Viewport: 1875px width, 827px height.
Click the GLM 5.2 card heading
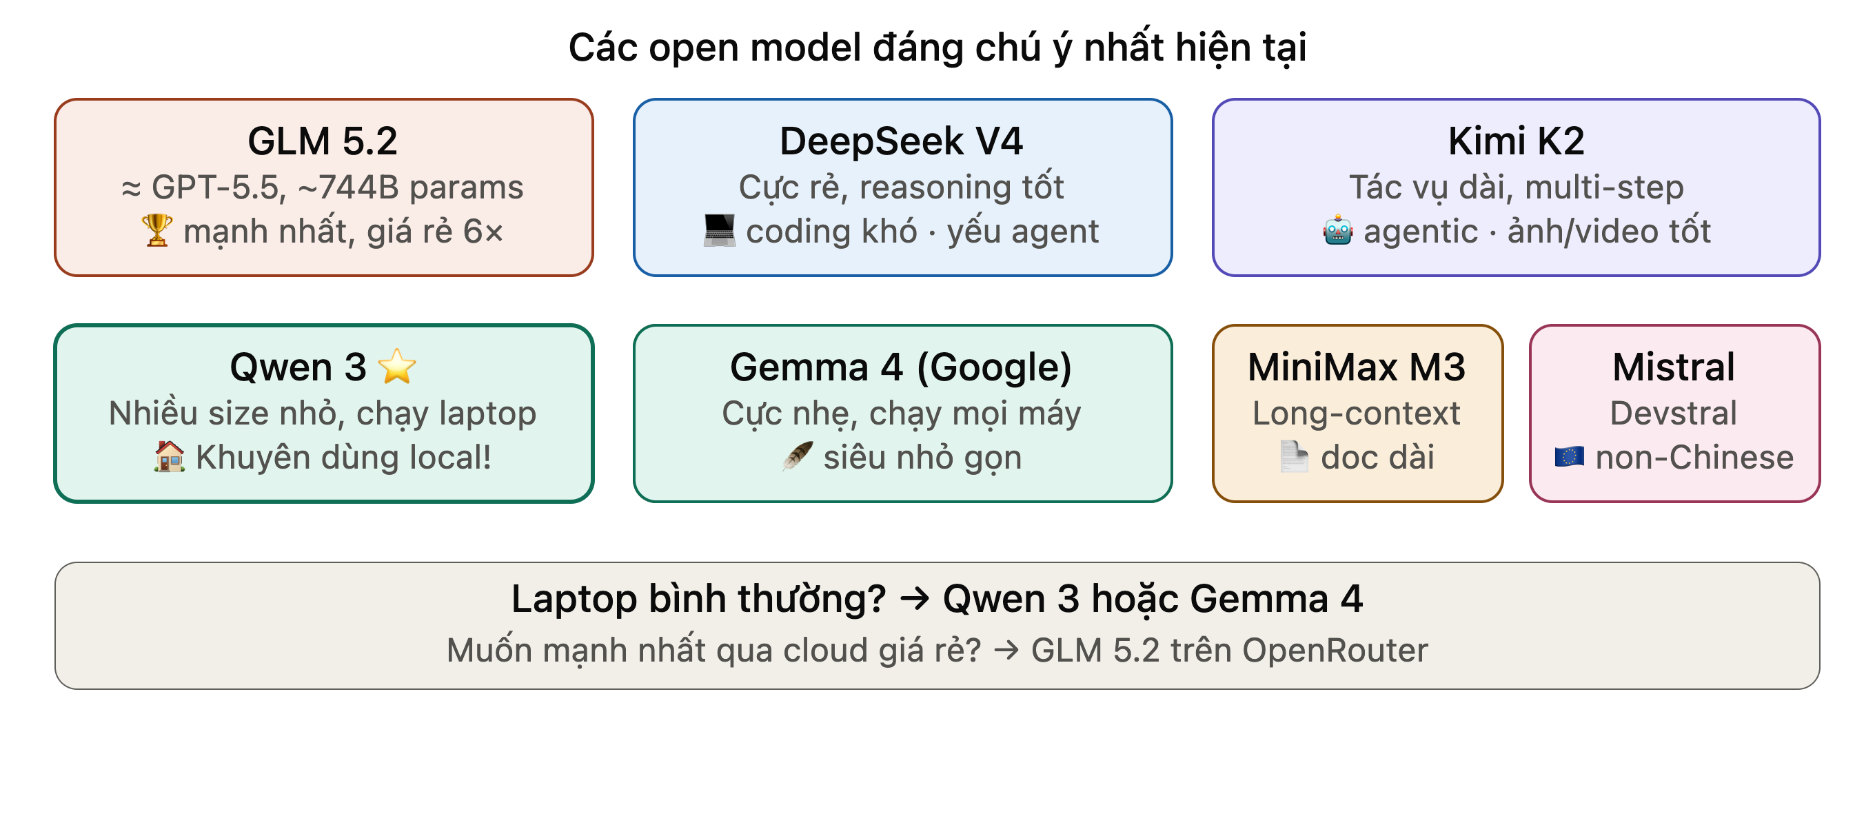point(323,141)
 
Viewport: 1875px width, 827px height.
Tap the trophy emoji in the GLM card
point(156,231)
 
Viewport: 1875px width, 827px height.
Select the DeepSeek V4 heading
point(901,141)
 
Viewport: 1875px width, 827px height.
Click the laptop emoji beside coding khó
point(719,231)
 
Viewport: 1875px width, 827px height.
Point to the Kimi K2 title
point(1516,141)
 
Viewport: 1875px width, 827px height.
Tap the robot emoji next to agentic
point(1338,231)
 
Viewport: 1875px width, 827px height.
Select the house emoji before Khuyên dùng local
point(170,457)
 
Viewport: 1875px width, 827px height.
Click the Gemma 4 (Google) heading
point(901,367)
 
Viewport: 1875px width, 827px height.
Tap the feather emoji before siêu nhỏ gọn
point(797,457)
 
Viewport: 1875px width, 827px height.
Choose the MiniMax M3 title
point(1357,366)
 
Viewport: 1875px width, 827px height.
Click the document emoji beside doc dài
point(1294,457)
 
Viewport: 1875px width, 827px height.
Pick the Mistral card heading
point(1674,366)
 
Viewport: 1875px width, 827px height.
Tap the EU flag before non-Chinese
point(1570,457)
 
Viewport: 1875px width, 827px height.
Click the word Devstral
point(1674,413)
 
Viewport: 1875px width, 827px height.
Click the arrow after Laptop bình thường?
point(915,599)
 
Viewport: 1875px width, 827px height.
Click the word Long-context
point(1356,413)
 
